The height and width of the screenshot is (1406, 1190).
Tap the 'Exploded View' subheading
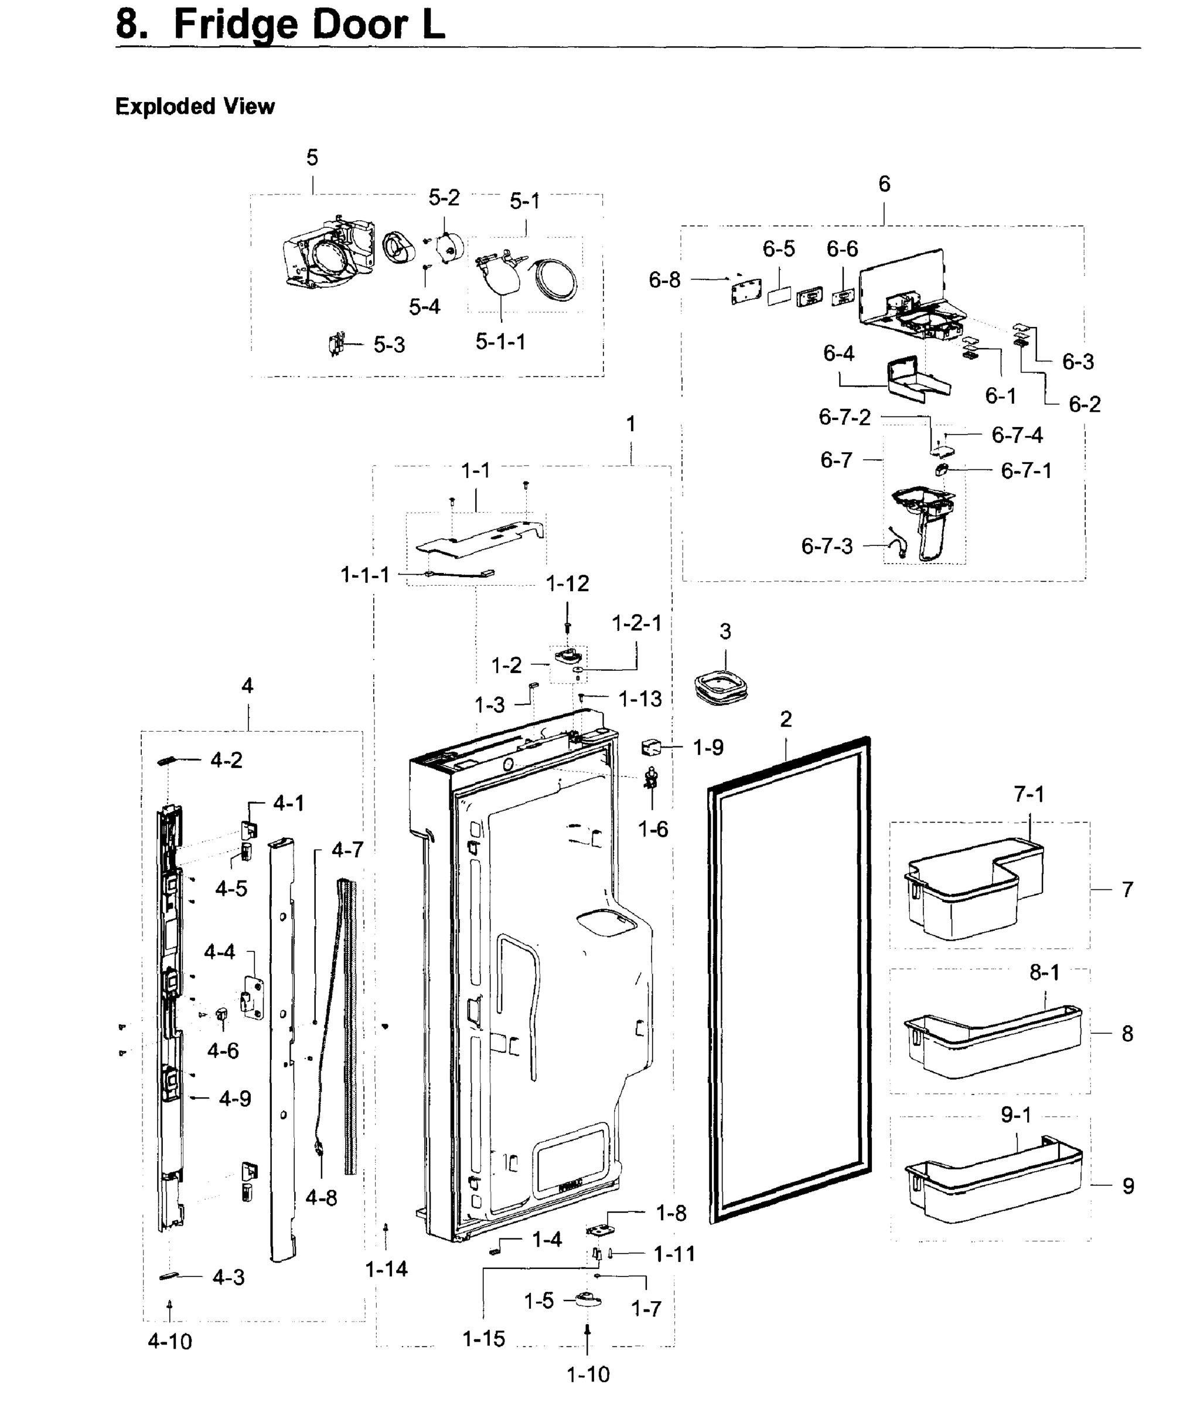[195, 107]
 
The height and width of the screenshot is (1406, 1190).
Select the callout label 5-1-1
[500, 342]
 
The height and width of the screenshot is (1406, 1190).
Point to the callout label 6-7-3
[826, 546]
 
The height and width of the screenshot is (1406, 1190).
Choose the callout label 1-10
[588, 1374]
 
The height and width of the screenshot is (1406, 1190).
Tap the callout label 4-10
[170, 1342]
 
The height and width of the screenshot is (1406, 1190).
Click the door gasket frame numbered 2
[789, 978]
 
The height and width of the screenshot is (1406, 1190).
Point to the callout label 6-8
[664, 280]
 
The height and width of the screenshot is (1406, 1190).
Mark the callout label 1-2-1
[636, 623]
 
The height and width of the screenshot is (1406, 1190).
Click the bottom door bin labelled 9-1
[991, 1187]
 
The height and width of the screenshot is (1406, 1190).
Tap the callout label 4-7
[347, 849]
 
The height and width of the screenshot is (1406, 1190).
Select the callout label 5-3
[389, 345]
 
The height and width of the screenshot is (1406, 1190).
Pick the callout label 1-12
[567, 583]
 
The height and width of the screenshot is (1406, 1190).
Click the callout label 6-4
[838, 353]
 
